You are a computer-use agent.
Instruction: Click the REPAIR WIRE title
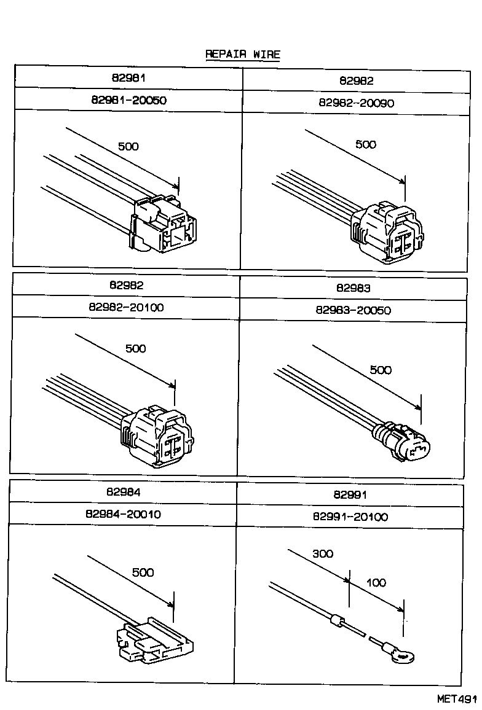click(x=242, y=54)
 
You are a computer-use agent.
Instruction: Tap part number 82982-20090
click(x=357, y=103)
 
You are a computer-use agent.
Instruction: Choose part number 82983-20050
click(x=354, y=310)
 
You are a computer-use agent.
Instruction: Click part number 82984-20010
click(x=124, y=513)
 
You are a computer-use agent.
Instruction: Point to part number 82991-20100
click(x=350, y=517)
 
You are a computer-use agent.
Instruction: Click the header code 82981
click(x=128, y=77)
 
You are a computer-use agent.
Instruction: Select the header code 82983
click(x=354, y=287)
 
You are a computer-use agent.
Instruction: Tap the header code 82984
click(x=124, y=492)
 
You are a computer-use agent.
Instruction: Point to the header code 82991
click(x=350, y=494)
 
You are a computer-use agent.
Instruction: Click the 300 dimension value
click(x=322, y=553)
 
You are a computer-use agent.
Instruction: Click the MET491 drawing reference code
click(x=457, y=699)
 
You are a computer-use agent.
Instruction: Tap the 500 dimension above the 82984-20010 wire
click(x=143, y=572)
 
